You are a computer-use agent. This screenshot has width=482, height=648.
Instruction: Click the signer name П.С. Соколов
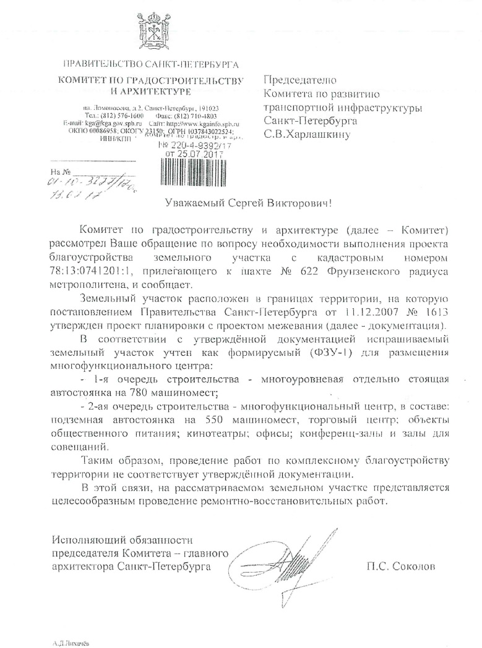[x=397, y=565]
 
